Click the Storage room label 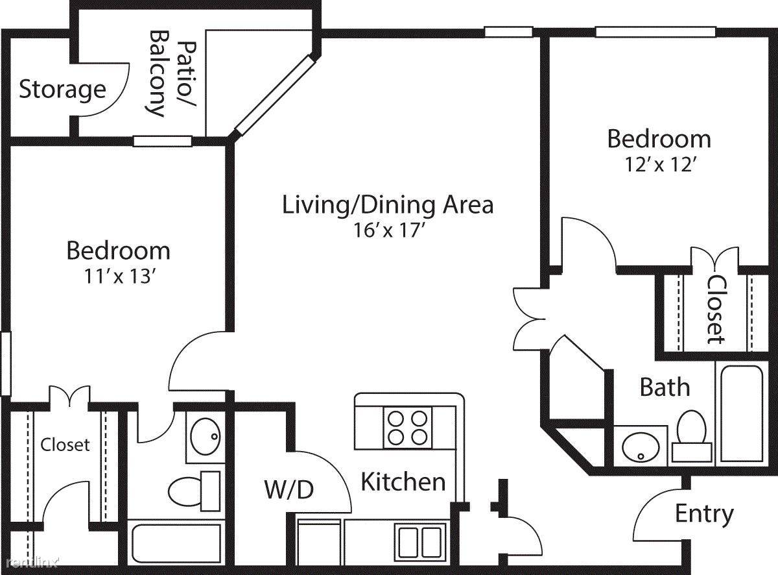(x=62, y=90)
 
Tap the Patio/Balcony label (x=172, y=73)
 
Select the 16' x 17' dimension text (x=390, y=230)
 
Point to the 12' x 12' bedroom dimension (x=660, y=164)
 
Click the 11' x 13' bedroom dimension (x=119, y=276)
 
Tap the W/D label (x=289, y=490)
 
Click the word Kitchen (x=403, y=482)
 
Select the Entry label (x=704, y=515)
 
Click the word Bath (x=665, y=387)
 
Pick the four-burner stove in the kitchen (x=408, y=428)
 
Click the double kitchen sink (x=420, y=542)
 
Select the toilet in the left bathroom (x=194, y=491)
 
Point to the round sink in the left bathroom (x=206, y=436)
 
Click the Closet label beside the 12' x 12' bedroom (x=716, y=309)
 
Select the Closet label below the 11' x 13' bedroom (x=65, y=445)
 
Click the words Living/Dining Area (x=388, y=205)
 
